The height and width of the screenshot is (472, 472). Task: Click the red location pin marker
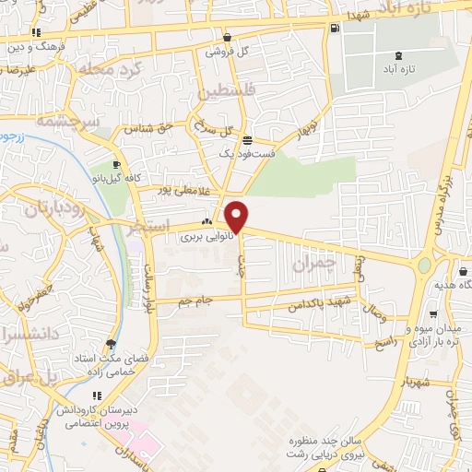click(x=238, y=216)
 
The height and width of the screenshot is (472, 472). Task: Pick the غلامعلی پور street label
click(x=176, y=189)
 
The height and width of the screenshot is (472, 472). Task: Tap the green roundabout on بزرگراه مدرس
click(x=424, y=265)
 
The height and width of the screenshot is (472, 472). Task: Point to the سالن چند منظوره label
click(x=319, y=439)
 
